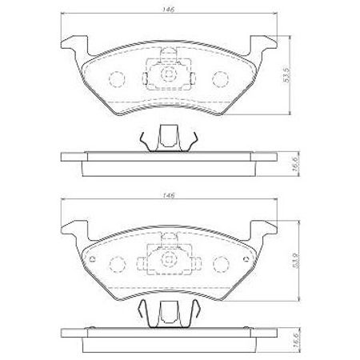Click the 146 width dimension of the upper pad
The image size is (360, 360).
coord(169,10)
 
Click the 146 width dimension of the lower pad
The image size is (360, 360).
coord(169,195)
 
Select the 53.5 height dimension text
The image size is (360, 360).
coord(286,75)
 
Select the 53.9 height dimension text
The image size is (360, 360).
coord(297,261)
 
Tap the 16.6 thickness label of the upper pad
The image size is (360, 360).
coord(295,163)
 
